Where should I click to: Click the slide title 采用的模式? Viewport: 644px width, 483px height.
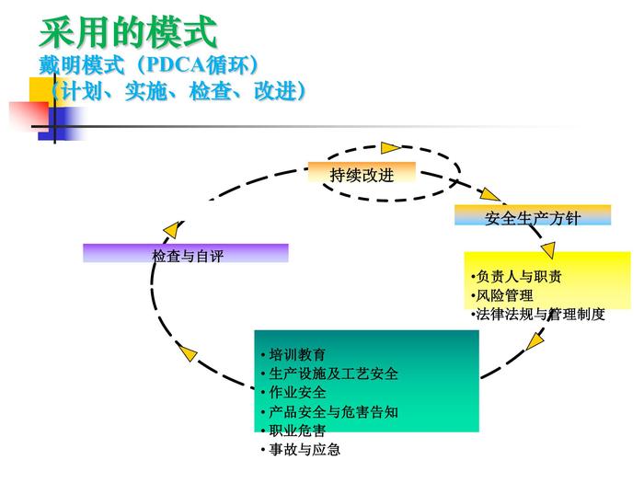click(x=128, y=33)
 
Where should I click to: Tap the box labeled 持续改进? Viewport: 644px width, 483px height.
click(x=362, y=174)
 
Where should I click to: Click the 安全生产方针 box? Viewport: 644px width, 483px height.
click(x=532, y=217)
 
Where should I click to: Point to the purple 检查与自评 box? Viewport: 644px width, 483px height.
click(x=186, y=255)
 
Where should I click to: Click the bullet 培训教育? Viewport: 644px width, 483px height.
click(x=294, y=354)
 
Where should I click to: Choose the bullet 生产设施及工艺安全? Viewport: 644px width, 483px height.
click(x=331, y=374)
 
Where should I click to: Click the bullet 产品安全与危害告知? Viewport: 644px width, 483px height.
click(x=331, y=412)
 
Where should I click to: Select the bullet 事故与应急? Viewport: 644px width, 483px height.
click(x=302, y=450)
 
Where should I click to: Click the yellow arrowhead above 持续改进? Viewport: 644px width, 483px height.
click(x=391, y=147)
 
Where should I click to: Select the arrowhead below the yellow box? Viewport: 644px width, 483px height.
click(x=535, y=341)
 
